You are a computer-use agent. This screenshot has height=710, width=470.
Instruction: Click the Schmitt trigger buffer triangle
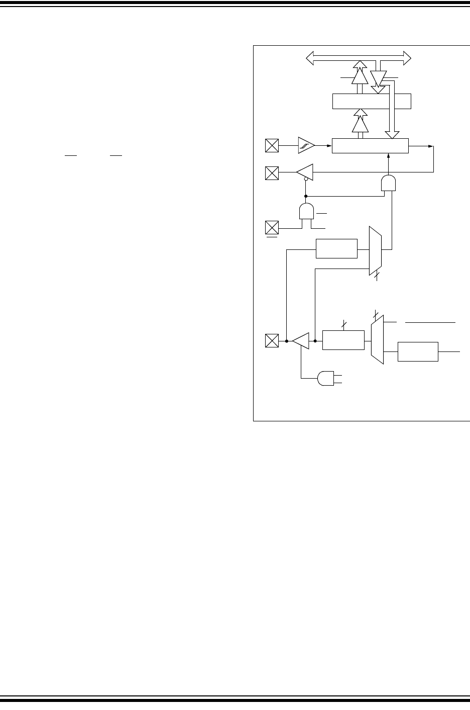pyautogui.click(x=306, y=145)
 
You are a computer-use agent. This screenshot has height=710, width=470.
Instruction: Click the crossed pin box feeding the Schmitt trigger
pyautogui.click(x=272, y=146)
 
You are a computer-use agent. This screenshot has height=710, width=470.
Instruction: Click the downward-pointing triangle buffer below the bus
pyautogui.click(x=378, y=77)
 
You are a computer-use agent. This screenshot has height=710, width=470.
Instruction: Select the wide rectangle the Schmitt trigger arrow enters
pyautogui.click(x=371, y=146)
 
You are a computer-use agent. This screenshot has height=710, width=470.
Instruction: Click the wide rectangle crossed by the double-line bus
pyautogui.click(x=372, y=101)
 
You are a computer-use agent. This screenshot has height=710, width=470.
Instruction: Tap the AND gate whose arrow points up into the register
pyautogui.click(x=388, y=183)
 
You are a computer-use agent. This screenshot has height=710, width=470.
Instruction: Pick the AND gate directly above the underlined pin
pyautogui.click(x=306, y=211)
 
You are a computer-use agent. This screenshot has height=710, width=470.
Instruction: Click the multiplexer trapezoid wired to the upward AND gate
pyautogui.click(x=375, y=250)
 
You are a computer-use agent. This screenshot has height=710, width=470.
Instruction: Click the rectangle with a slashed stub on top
pyautogui.click(x=343, y=340)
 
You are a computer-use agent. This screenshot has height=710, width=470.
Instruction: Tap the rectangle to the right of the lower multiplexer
pyautogui.click(x=418, y=351)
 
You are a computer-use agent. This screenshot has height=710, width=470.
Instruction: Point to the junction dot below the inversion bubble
pyautogui.click(x=306, y=196)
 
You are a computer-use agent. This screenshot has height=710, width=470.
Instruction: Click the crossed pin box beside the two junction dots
pyautogui.click(x=272, y=340)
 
